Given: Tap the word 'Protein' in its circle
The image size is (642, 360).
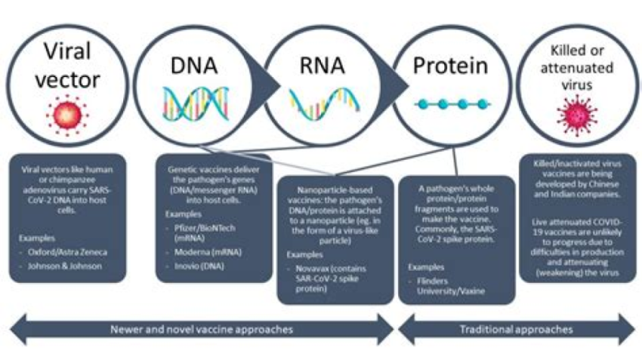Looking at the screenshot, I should pos(449,65).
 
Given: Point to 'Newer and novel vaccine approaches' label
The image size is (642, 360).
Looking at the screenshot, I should pos(200,330).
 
